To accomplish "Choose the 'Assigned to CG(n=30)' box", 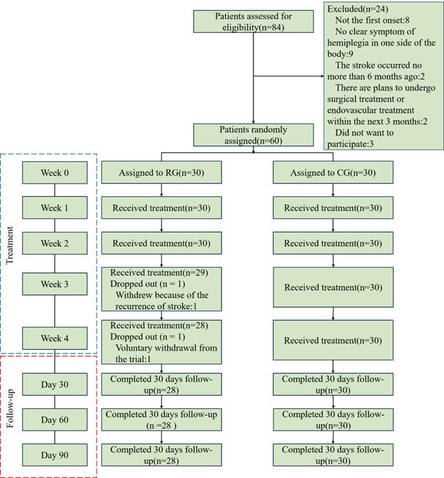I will pos(333,173).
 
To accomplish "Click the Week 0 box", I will pos(54,173).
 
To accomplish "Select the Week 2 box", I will pos(54,244).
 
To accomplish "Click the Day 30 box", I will pos(54,385).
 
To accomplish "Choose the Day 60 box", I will pos(54,420).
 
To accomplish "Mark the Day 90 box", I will pos(54,455).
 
